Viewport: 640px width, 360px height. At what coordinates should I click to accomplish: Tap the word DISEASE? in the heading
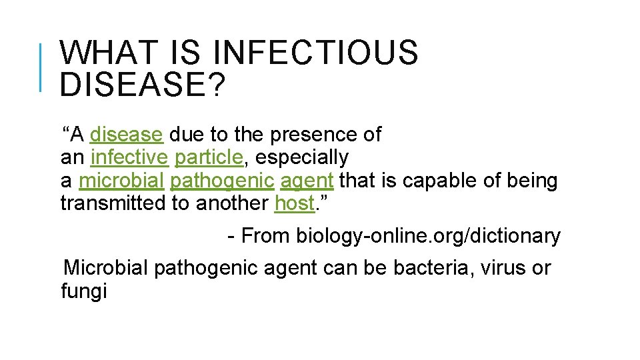pyautogui.click(x=141, y=83)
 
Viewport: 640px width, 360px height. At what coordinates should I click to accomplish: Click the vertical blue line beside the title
pyautogui.click(x=41, y=67)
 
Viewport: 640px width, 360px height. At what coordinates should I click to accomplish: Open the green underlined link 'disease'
pyautogui.click(x=126, y=135)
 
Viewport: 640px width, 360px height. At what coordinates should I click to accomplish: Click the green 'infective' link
pyautogui.click(x=129, y=157)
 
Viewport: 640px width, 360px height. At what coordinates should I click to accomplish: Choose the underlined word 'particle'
pyautogui.click(x=208, y=157)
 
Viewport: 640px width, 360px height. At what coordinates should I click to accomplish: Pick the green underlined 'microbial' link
pyautogui.click(x=121, y=180)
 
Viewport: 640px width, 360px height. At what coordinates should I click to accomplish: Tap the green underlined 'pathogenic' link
pyautogui.click(x=222, y=180)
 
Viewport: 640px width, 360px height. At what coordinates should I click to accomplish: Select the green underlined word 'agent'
pyautogui.click(x=307, y=180)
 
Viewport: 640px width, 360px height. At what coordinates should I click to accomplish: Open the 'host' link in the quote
pyautogui.click(x=293, y=203)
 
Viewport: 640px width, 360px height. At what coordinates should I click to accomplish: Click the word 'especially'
pyautogui.click(x=302, y=157)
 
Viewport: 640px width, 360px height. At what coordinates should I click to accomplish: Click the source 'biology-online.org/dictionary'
pyautogui.click(x=428, y=235)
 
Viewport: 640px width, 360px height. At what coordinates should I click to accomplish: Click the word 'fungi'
pyautogui.click(x=83, y=291)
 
